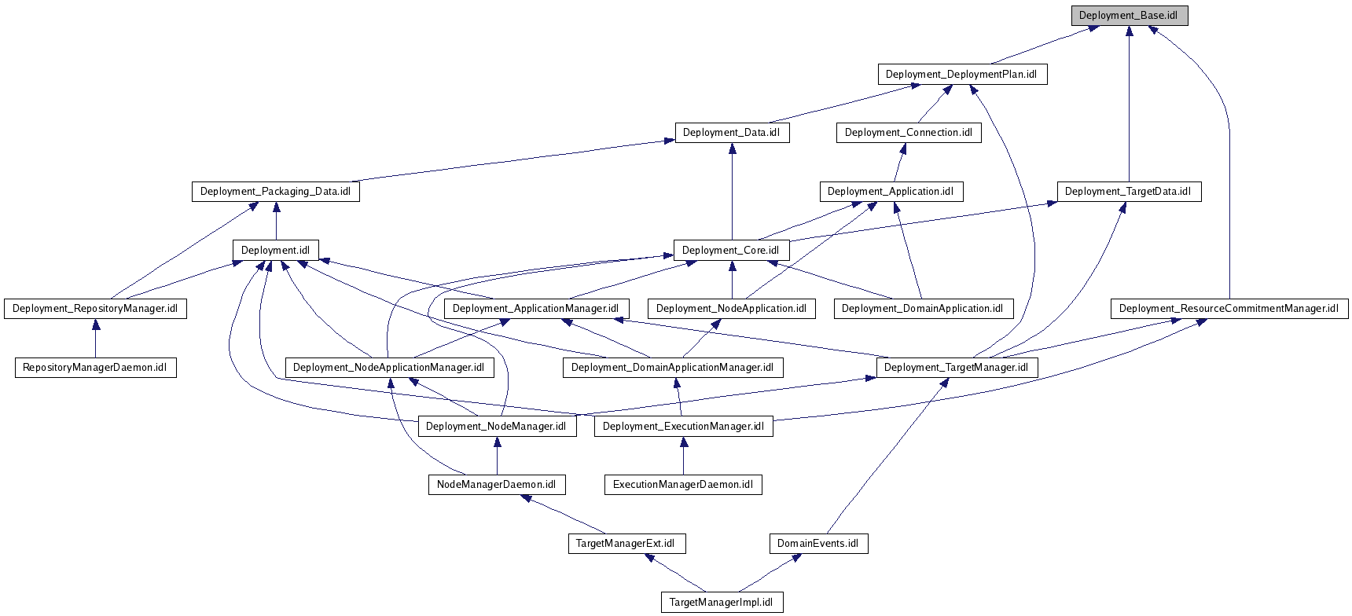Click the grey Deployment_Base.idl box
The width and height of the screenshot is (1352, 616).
[x=1129, y=16]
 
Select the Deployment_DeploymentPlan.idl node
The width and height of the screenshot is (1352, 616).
[x=962, y=75]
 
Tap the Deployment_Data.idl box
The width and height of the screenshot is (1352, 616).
[x=731, y=133]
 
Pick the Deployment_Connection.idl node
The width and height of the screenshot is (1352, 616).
[x=908, y=133]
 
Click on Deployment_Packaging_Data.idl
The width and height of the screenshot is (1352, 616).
[x=275, y=192]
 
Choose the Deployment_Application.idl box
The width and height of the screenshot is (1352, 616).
[x=891, y=192]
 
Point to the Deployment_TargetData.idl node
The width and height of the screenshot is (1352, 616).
[x=1128, y=192]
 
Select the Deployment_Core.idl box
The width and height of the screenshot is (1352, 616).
[x=731, y=251]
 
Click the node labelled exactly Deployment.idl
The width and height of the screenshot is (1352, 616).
[x=275, y=251]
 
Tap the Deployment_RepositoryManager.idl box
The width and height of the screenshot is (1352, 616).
[x=95, y=309]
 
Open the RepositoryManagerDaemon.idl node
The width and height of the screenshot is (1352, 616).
[x=95, y=368]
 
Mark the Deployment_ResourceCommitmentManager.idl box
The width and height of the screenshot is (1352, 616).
[x=1229, y=309]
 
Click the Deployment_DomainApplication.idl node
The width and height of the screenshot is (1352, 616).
[x=923, y=309]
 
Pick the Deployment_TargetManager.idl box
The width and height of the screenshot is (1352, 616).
[x=956, y=368]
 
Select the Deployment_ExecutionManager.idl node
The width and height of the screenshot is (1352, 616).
[x=683, y=427]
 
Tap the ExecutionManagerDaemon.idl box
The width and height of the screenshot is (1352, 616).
[x=683, y=485]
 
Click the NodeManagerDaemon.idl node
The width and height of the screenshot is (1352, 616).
[x=496, y=485]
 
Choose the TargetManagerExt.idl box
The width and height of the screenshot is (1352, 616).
[x=626, y=544]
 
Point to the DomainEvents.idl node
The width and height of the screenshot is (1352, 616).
[x=818, y=544]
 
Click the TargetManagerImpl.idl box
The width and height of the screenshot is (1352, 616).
[x=722, y=603]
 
